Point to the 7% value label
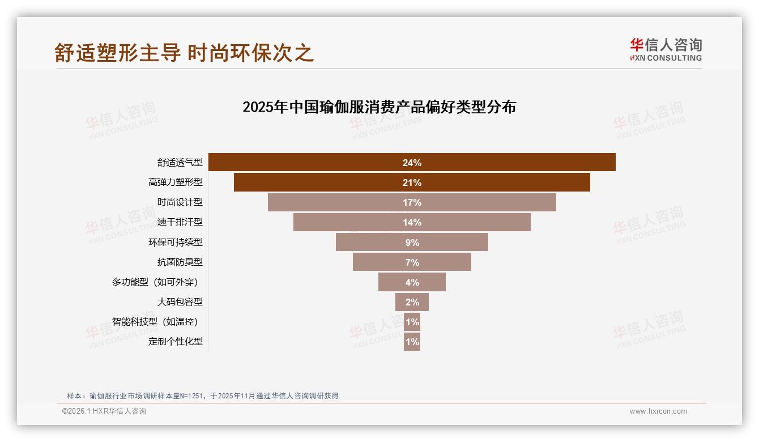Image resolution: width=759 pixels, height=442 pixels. point(412,262)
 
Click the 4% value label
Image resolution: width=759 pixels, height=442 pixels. point(412,282)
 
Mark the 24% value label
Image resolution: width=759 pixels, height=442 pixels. point(412,163)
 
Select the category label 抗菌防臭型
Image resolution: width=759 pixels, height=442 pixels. point(180,262)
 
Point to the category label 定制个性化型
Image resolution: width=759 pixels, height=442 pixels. point(175,342)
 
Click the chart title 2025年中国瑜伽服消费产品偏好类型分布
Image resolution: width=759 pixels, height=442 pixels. point(379,107)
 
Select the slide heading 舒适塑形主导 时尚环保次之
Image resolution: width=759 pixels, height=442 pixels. point(184,53)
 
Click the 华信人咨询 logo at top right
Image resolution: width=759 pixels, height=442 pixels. point(666,50)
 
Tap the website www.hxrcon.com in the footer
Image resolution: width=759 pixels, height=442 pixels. point(658,411)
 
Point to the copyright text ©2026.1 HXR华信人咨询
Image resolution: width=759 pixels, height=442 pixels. point(104,411)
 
